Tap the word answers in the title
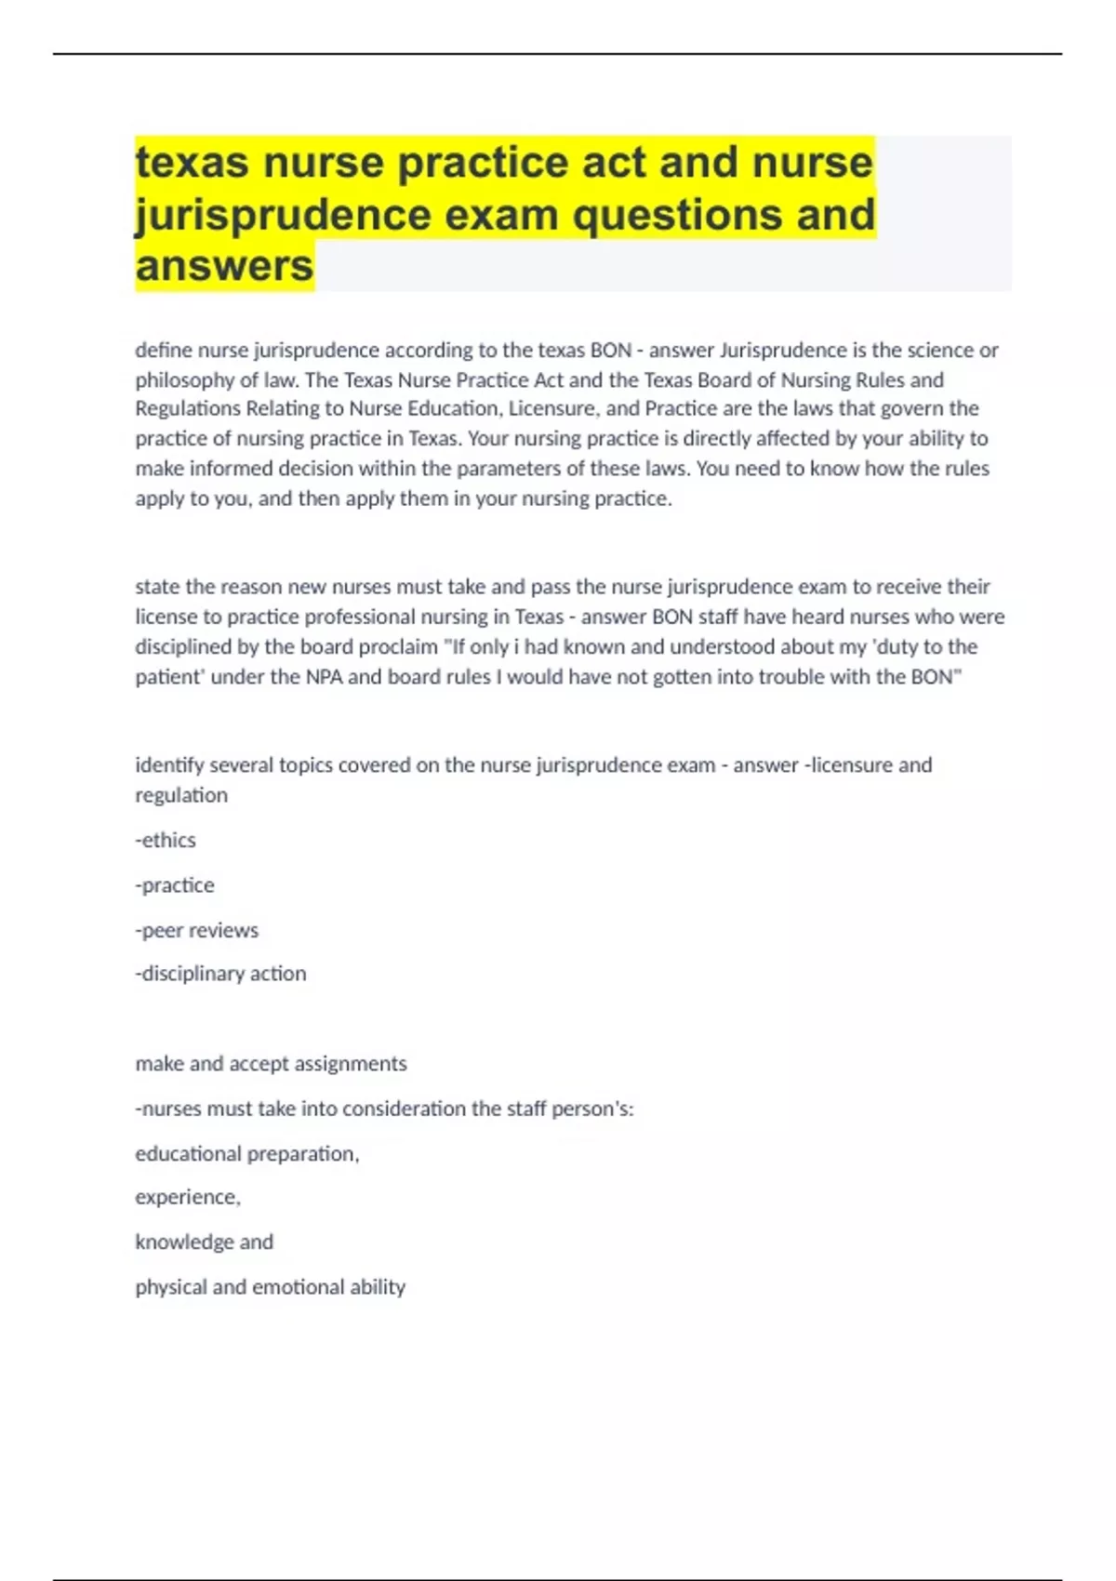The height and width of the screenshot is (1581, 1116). coord(224,266)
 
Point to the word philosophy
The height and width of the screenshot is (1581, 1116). coord(183,379)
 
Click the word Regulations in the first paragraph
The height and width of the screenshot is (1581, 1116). coord(187,408)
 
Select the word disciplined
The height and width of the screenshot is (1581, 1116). coord(183,646)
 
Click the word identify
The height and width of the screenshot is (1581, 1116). coord(169,765)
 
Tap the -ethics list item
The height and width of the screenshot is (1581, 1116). coord(166,840)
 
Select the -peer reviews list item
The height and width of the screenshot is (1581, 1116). coord(197,930)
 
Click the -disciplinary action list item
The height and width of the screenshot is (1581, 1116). coord(220,974)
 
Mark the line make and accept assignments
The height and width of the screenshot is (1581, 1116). coord(271,1063)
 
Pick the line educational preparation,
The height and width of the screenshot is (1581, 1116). coord(246,1153)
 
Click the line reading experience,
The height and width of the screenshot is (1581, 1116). coord(187,1197)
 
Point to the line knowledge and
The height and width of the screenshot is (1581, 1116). coord(204,1242)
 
